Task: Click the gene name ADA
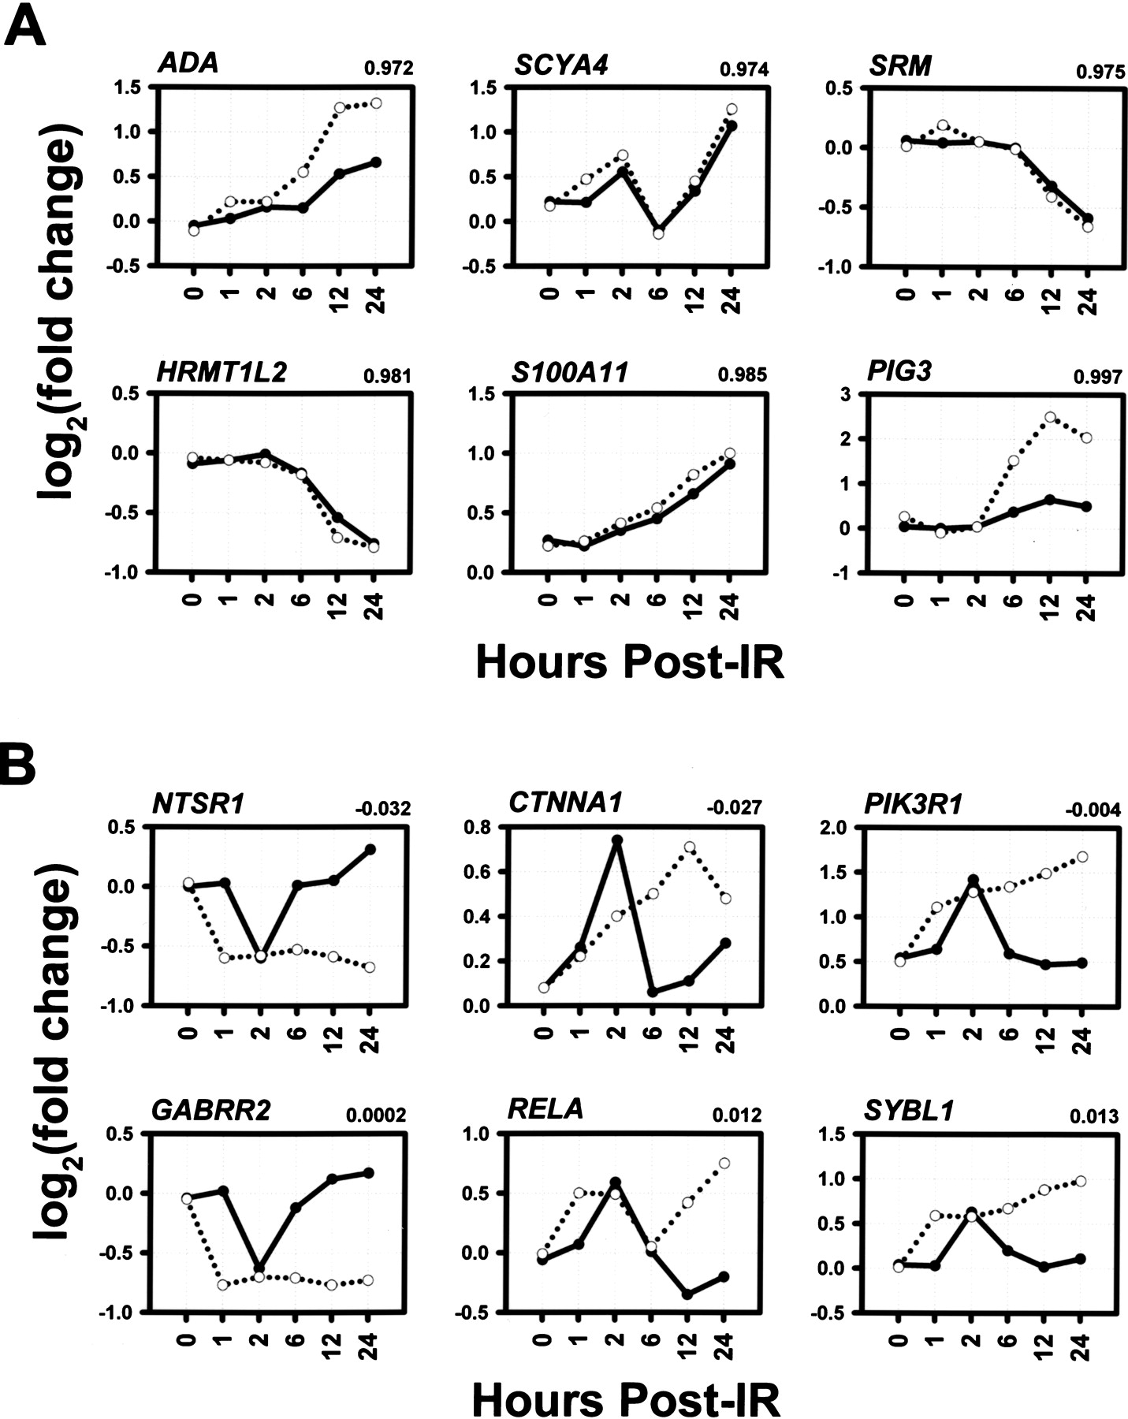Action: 187,63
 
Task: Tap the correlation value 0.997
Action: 1097,378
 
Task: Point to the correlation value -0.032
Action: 382,808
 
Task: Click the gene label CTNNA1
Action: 565,802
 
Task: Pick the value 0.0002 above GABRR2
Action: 376,1115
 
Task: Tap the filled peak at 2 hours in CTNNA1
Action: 616,840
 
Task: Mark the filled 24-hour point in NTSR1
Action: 370,849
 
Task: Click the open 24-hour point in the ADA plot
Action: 376,103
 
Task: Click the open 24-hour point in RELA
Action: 724,1163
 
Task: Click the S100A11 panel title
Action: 569,371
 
